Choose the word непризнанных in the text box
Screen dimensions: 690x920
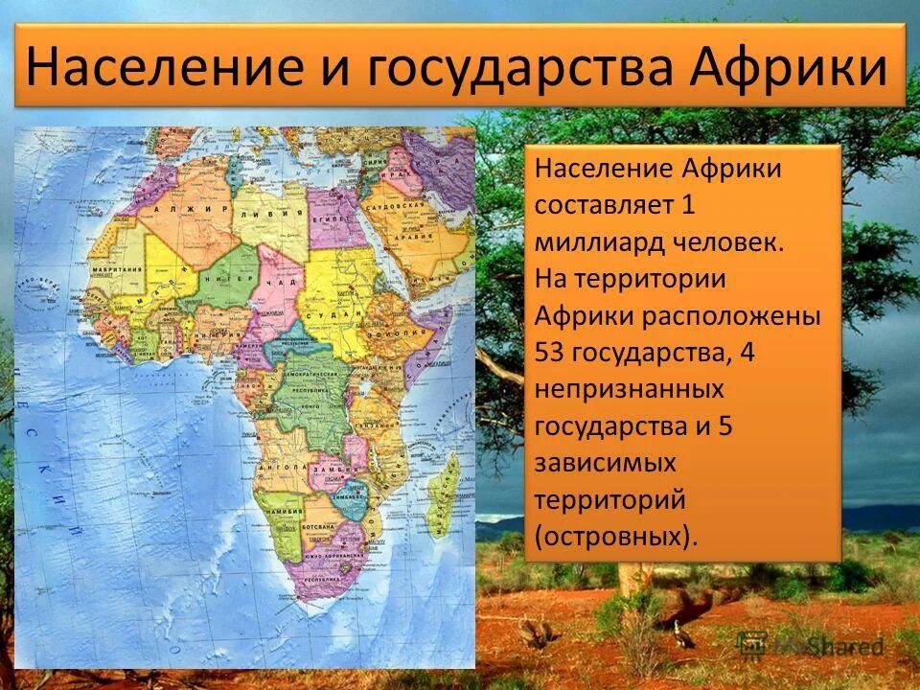tap(629, 389)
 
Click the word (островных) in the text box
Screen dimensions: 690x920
tap(616, 535)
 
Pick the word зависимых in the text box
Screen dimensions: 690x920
tap(606, 462)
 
